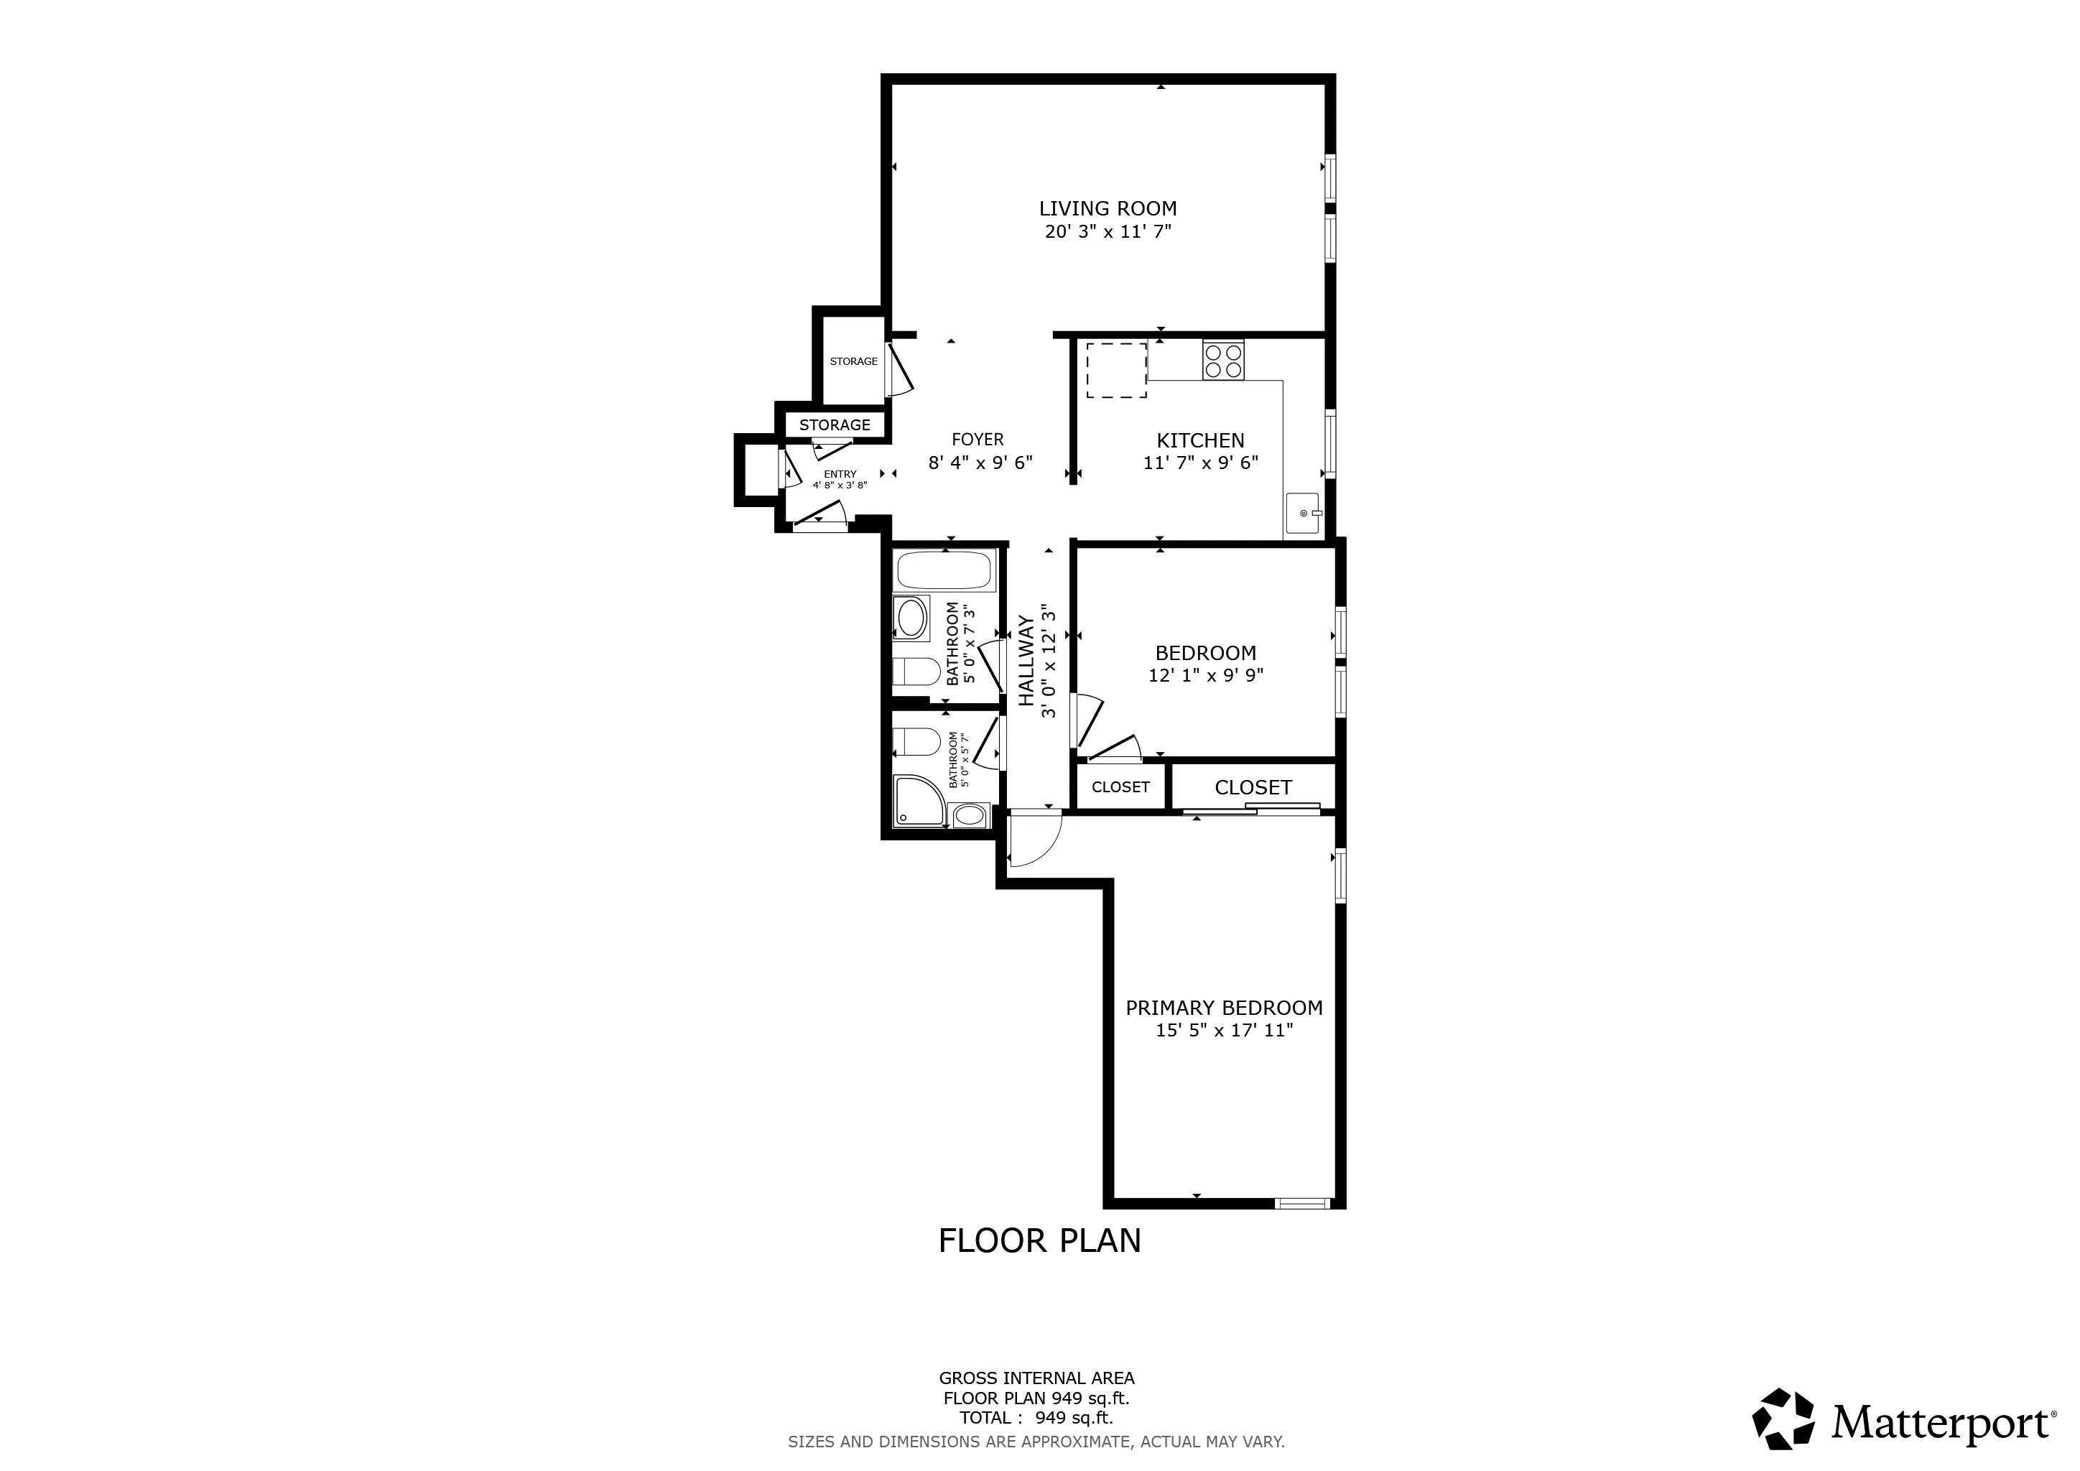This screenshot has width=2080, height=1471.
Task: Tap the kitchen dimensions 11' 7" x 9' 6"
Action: (x=1200, y=463)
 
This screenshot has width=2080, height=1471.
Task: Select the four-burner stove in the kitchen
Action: (x=1223, y=361)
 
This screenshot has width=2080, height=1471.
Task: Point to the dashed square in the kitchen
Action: (x=1116, y=370)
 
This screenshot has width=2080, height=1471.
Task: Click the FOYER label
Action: (x=978, y=440)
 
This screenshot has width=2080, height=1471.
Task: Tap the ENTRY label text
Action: (x=840, y=474)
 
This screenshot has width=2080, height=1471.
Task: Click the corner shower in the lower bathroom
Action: (x=918, y=800)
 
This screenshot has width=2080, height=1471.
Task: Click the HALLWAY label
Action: (x=1026, y=662)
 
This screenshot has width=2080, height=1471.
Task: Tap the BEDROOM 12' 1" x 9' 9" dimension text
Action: (x=1205, y=675)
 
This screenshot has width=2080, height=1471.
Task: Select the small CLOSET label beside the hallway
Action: (x=1120, y=787)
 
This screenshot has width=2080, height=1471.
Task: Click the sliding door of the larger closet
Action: (x=1250, y=809)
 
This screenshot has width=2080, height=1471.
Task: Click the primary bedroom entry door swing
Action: (x=1033, y=839)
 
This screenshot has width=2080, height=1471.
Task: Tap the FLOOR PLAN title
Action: (x=1039, y=1241)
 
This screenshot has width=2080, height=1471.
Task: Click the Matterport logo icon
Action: (x=1782, y=1419)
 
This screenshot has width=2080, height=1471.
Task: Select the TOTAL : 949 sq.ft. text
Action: (x=1036, y=1418)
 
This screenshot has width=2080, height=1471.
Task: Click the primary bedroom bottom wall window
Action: (x=1302, y=1203)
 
